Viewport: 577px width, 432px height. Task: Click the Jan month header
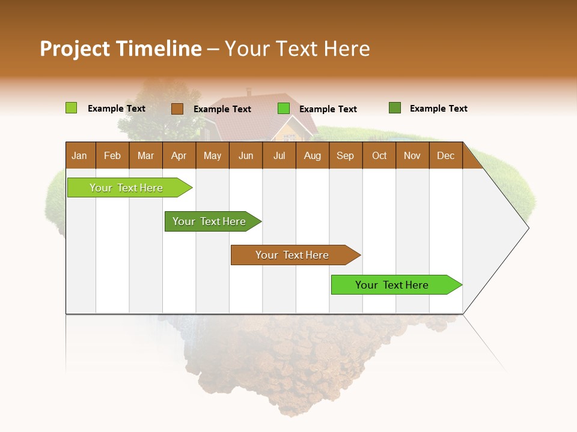tap(80, 155)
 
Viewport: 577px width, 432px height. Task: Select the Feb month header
tap(112, 155)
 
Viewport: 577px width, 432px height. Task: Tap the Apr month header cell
tap(179, 155)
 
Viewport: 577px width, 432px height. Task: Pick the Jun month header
tap(246, 155)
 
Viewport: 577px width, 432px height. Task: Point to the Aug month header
tap(312, 155)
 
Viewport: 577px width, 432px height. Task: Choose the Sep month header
tap(346, 155)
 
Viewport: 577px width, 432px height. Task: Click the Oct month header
tap(379, 155)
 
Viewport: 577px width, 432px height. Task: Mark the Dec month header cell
tap(445, 155)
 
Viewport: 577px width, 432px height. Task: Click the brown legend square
tap(177, 109)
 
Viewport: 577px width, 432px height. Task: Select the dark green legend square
tap(394, 108)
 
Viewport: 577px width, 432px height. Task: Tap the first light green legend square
tap(71, 108)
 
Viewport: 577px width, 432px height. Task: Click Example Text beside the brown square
tap(222, 109)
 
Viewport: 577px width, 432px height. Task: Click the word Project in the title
tap(75, 49)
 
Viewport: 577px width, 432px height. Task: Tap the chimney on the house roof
tap(249, 92)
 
